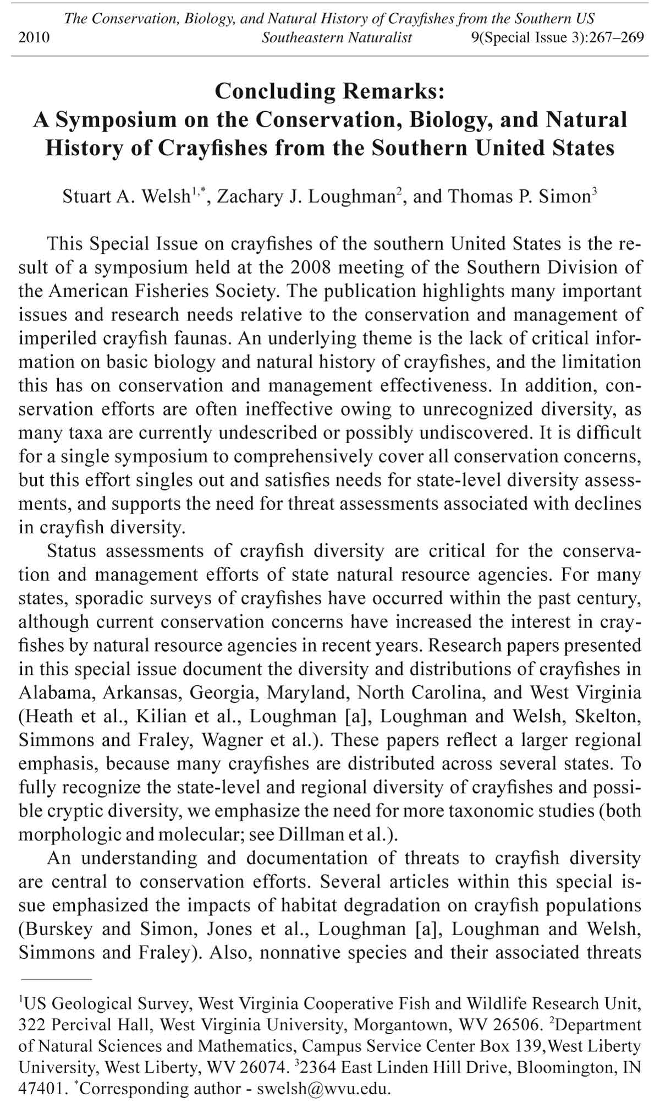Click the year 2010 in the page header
click(34, 37)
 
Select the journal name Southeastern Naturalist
click(337, 37)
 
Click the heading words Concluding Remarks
click(329, 91)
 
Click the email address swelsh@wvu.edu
click(324, 1089)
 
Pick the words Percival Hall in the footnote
click(100, 1025)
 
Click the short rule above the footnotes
click(56, 980)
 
